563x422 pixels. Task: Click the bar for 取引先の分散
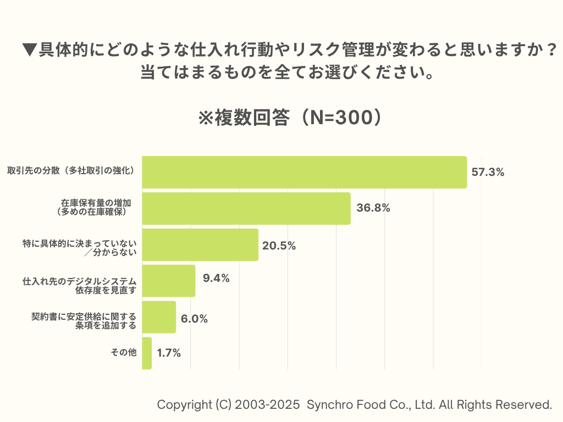[x=304, y=172]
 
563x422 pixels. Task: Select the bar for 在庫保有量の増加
[x=246, y=208]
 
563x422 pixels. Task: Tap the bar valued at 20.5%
[x=200, y=245]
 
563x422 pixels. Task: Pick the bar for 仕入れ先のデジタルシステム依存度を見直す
[x=169, y=281]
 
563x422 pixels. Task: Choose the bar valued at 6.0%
[x=159, y=317]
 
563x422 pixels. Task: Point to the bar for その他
[x=147, y=353]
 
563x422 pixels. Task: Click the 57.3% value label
[x=488, y=172]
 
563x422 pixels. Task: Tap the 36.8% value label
[x=373, y=208]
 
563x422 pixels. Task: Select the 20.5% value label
[x=279, y=246]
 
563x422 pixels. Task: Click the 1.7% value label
[x=169, y=353]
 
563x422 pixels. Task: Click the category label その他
[x=124, y=353]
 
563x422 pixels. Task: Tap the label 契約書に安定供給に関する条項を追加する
[x=84, y=321]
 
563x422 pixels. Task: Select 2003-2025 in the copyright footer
[x=267, y=405]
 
